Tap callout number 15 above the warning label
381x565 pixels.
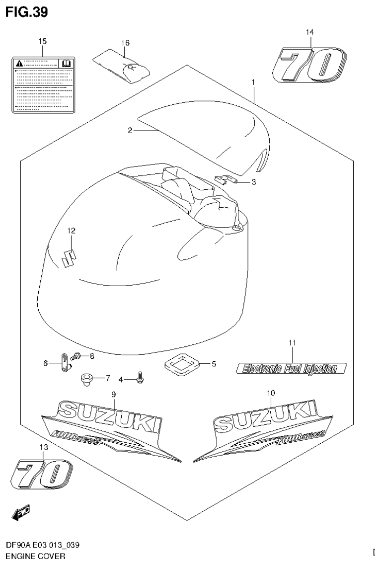tap(43, 41)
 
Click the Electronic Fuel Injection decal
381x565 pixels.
tap(291, 368)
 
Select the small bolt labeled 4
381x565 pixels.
tap(140, 378)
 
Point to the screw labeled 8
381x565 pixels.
tap(77, 356)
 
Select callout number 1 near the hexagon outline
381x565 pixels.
tap(253, 81)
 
